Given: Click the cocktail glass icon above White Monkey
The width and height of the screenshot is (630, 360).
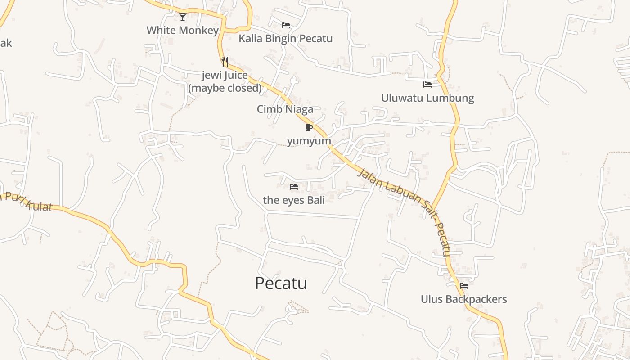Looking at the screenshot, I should click(x=182, y=17).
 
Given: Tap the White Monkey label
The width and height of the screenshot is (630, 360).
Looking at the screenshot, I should click(x=182, y=30).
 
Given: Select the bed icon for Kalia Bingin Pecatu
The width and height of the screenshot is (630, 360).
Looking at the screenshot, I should click(x=286, y=25).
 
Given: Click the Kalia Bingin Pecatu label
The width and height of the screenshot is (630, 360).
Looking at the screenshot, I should click(x=285, y=38).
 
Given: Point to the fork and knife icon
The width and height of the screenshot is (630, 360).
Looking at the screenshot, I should click(x=225, y=62).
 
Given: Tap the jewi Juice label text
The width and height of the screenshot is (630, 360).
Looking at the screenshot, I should click(x=225, y=75).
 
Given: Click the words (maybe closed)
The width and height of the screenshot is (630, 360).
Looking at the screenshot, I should click(x=225, y=88).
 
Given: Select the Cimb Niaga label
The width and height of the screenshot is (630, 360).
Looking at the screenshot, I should click(x=285, y=109).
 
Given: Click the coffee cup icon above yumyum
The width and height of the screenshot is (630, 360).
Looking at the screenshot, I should click(x=309, y=128).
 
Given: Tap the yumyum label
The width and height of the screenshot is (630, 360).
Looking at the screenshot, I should click(x=309, y=141).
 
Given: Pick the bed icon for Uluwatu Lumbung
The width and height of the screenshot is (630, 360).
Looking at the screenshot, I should click(x=427, y=85).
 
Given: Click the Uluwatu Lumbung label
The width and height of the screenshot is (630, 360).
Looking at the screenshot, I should click(x=427, y=98).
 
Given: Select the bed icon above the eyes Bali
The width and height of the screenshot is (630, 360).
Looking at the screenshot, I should click(x=294, y=186).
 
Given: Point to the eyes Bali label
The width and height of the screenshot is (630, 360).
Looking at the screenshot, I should click(x=293, y=200).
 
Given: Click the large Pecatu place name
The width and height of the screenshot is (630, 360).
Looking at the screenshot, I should click(x=281, y=283).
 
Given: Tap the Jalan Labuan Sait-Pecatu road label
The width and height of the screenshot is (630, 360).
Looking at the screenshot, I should click(x=405, y=211).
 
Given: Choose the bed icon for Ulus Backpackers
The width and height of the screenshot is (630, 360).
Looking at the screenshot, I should click(x=464, y=286).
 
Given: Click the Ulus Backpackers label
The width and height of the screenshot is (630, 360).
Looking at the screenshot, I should click(x=463, y=299).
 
